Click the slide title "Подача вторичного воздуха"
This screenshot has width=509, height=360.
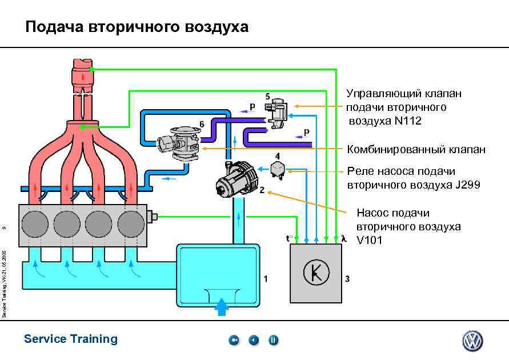point(137,27)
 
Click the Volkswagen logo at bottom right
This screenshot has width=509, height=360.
point(472,341)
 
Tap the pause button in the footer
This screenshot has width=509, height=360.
point(274,341)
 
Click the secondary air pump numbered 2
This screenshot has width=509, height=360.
point(235,178)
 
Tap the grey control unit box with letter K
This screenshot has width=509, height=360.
point(316,273)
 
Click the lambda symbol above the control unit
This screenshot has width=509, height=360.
point(343,238)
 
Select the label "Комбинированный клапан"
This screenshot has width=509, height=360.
point(416,150)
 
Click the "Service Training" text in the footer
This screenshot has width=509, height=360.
point(71,339)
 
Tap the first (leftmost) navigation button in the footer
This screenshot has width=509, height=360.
point(234,341)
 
